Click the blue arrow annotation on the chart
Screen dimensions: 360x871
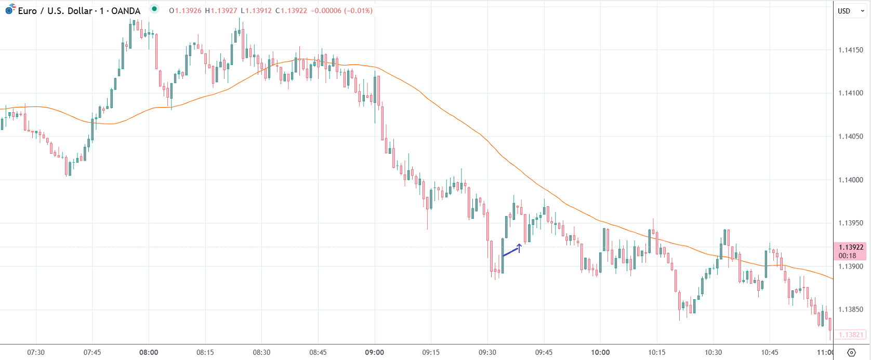(x=512, y=250)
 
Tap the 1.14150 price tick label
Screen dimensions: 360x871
(x=851, y=50)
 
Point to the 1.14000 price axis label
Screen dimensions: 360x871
(x=851, y=180)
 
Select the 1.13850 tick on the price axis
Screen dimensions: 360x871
(x=851, y=310)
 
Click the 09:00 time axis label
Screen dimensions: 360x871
(x=374, y=352)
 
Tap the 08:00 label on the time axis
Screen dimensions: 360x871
(x=149, y=352)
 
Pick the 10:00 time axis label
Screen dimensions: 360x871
(x=600, y=352)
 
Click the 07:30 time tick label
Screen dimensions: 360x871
(x=36, y=352)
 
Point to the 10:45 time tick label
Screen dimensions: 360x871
(x=770, y=352)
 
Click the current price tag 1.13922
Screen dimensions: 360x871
(x=851, y=248)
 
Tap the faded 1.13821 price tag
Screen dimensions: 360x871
(x=851, y=335)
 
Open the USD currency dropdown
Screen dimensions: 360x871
(x=850, y=11)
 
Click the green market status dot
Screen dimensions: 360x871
(x=154, y=9)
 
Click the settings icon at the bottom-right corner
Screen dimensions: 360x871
(x=851, y=353)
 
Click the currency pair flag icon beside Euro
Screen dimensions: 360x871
(x=10, y=9)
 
